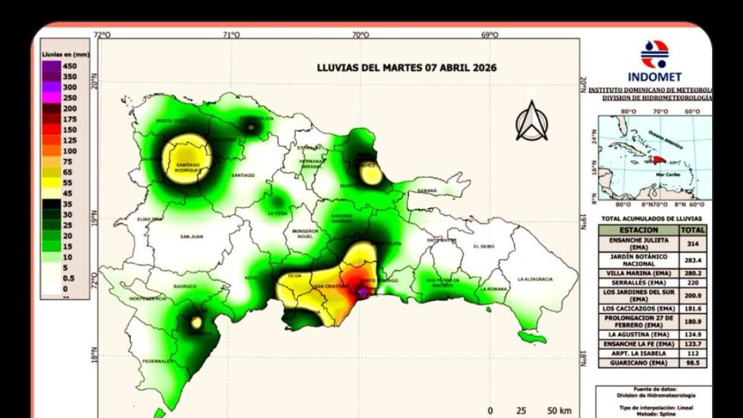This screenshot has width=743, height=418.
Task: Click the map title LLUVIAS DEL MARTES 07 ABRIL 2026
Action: coord(406,67)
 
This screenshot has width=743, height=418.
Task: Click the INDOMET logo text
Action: coord(654,77)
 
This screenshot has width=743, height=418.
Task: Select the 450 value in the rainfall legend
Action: coord(69,66)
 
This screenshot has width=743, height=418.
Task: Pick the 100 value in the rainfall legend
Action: coord(69,151)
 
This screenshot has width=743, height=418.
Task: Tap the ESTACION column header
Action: coord(637,229)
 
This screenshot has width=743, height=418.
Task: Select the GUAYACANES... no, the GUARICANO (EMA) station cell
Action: coord(637,362)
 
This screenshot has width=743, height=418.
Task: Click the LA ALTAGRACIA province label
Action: coord(535,279)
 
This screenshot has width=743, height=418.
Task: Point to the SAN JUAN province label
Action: coord(193,236)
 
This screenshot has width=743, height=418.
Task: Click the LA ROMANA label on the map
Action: coord(493,289)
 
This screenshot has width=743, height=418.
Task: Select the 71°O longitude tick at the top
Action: coord(231,35)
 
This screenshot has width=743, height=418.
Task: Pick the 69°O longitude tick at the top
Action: coord(489,35)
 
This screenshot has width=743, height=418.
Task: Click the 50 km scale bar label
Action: coord(560,411)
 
